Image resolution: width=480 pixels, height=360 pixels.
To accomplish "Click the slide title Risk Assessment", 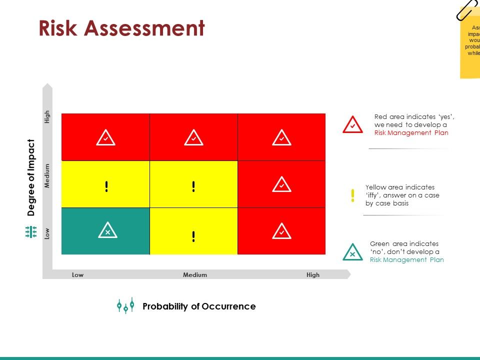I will point(122,28).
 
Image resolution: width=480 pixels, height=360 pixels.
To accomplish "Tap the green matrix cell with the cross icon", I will point(105,231).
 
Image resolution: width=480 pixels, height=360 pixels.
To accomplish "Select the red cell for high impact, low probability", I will point(105,137).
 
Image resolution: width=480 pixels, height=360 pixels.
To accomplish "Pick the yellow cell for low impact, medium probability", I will point(193,231).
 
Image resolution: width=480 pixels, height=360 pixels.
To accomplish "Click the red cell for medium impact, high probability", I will point(281,184).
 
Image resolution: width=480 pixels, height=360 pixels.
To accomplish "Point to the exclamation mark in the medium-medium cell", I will point(193,186).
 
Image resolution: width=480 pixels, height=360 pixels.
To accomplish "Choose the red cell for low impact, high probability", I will point(281,231).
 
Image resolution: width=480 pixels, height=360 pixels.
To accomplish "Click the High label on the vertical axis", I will point(47,116).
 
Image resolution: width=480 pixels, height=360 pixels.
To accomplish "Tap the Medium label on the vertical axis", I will point(47,175).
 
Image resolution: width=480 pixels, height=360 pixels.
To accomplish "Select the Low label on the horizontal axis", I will point(77,274).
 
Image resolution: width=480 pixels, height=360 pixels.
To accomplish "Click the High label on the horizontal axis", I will point(313,274).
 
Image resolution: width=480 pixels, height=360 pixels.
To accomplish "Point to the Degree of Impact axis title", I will point(31,177).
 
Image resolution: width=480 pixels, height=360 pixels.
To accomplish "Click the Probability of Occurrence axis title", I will point(199,306).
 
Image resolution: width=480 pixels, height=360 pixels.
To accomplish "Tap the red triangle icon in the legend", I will point(352,125).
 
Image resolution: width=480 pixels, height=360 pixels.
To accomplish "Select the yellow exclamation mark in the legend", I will point(352,195).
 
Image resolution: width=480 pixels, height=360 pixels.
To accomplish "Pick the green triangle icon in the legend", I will point(352,252).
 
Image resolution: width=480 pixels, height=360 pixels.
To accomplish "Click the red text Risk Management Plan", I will point(411,132).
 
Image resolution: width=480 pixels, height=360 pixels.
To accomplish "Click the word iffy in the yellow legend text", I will point(374,195).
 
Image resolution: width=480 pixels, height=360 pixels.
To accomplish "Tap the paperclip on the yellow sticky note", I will point(467,10).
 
